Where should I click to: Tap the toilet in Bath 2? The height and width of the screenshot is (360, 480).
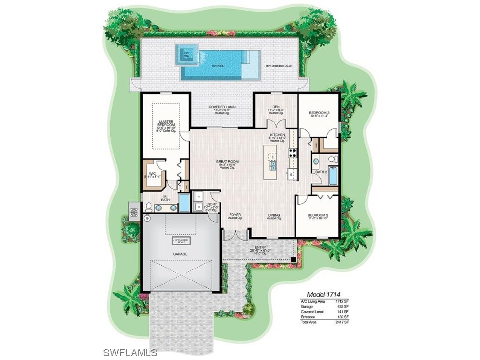point(332,160)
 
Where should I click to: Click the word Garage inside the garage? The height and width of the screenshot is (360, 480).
point(180,254)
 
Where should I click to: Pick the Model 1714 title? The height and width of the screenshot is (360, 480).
point(323,294)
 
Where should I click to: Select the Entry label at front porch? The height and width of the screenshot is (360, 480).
point(260,247)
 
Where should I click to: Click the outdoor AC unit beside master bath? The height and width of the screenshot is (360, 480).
point(134,211)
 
